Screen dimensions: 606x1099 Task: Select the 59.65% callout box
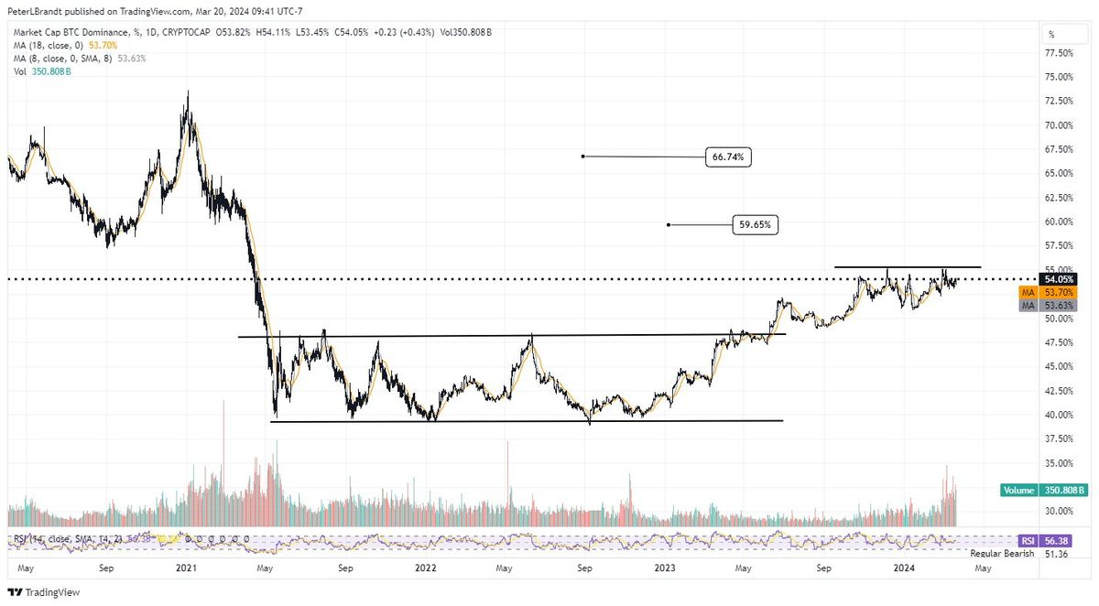(756, 224)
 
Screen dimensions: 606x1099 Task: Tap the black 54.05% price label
(1057, 279)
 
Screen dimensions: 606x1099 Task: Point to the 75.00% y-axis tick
(1059, 77)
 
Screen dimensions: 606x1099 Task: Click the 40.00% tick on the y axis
(1059, 415)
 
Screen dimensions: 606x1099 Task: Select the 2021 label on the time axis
(187, 568)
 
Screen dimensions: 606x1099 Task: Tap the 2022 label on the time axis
(425, 568)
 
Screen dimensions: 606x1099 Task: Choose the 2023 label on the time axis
(665, 568)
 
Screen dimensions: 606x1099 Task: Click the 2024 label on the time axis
(904, 568)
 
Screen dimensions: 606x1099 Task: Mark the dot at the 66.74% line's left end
(583, 157)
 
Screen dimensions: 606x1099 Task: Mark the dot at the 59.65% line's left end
(669, 224)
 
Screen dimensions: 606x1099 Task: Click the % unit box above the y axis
(1050, 34)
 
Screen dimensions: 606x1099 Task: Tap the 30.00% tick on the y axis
(1059, 511)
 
